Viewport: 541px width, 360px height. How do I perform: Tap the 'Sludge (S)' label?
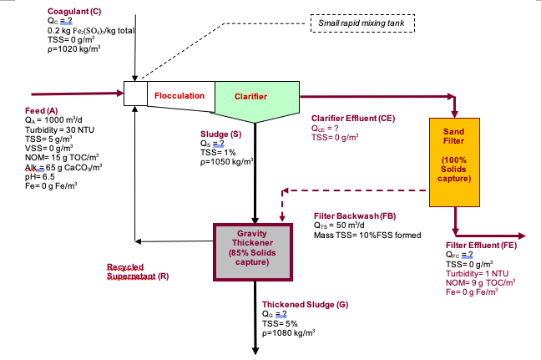click(220, 133)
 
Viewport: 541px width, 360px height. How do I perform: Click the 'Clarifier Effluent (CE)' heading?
click(352, 119)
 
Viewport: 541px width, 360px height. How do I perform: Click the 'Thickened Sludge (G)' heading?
click(305, 305)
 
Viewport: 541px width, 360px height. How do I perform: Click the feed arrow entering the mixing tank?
click(75, 94)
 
